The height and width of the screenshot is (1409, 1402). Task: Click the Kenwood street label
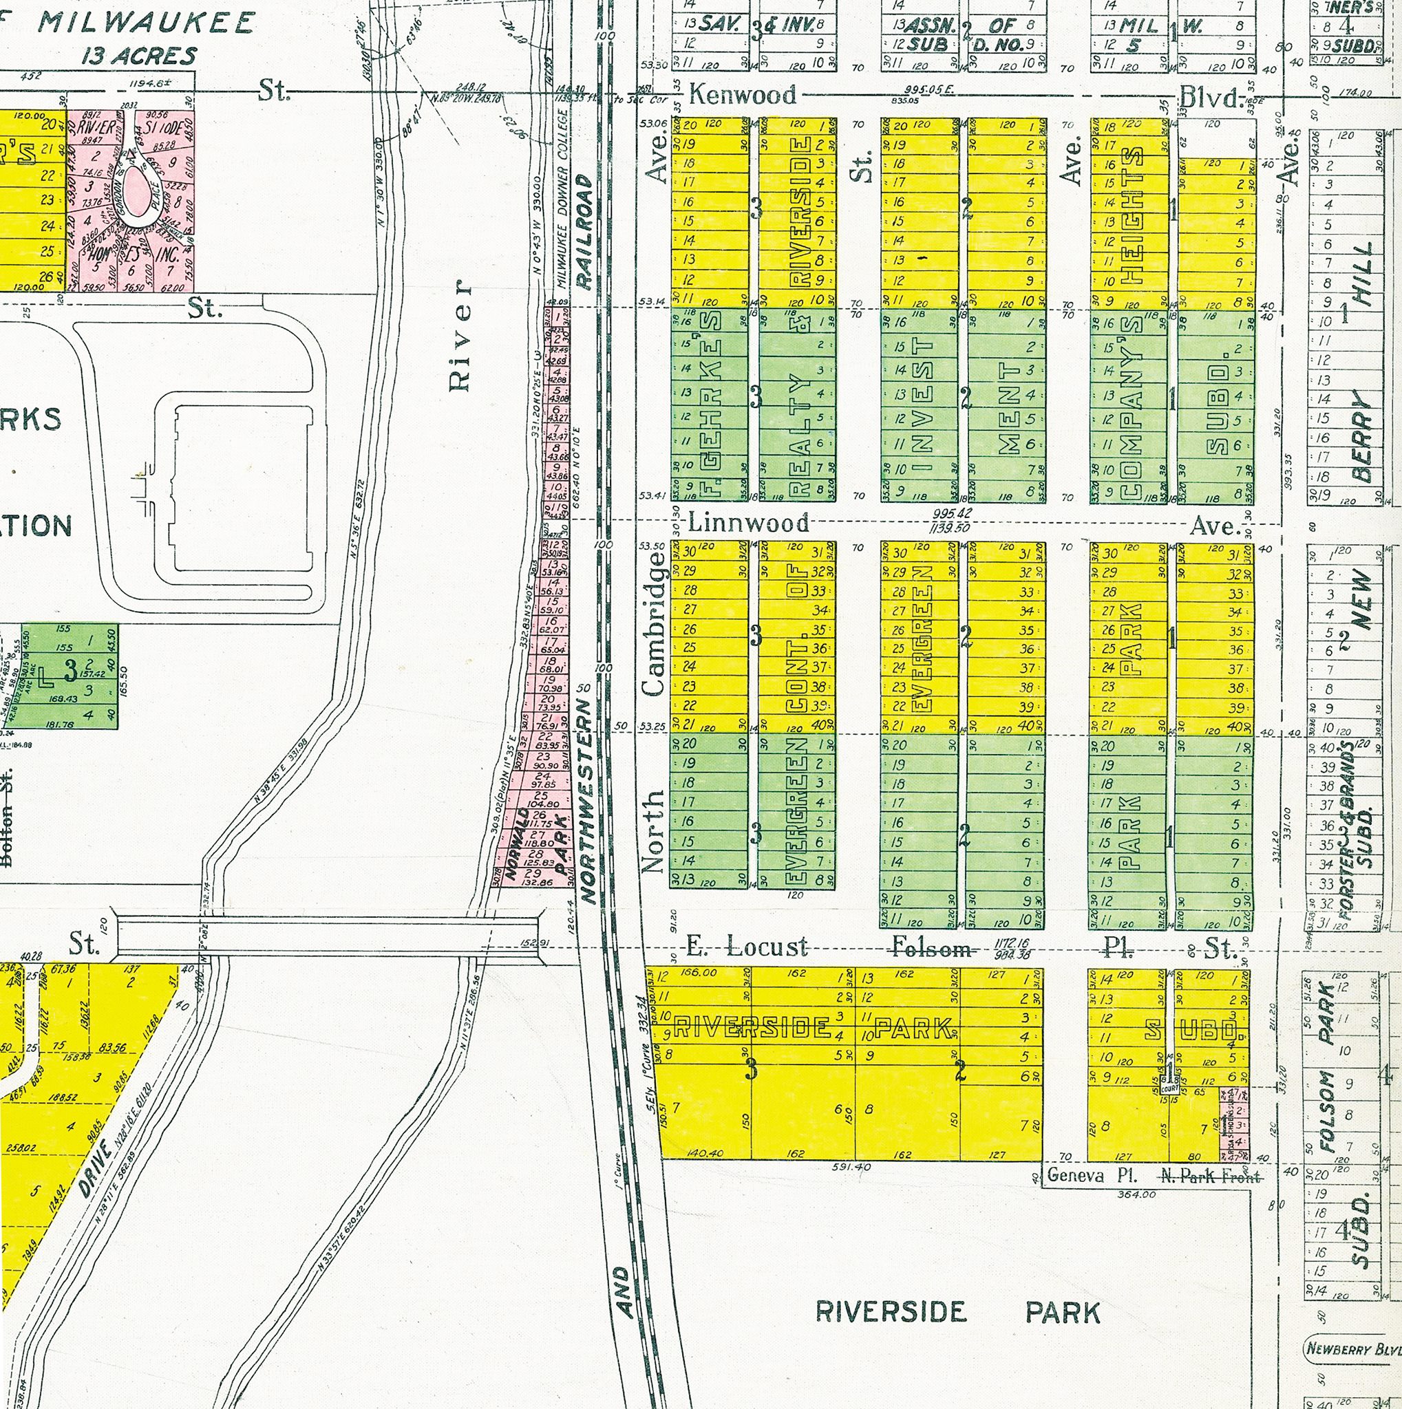pos(742,95)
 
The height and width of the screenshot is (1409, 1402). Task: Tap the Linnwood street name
pos(748,522)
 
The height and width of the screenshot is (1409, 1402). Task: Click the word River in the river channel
pos(460,336)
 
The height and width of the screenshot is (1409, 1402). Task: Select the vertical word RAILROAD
pos(584,232)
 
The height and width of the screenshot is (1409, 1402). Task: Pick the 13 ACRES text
pos(138,56)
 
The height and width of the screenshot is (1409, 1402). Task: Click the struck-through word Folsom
pos(932,949)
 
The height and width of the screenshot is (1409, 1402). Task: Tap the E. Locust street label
pos(747,947)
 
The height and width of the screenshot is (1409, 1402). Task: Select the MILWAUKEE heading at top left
pos(146,22)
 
